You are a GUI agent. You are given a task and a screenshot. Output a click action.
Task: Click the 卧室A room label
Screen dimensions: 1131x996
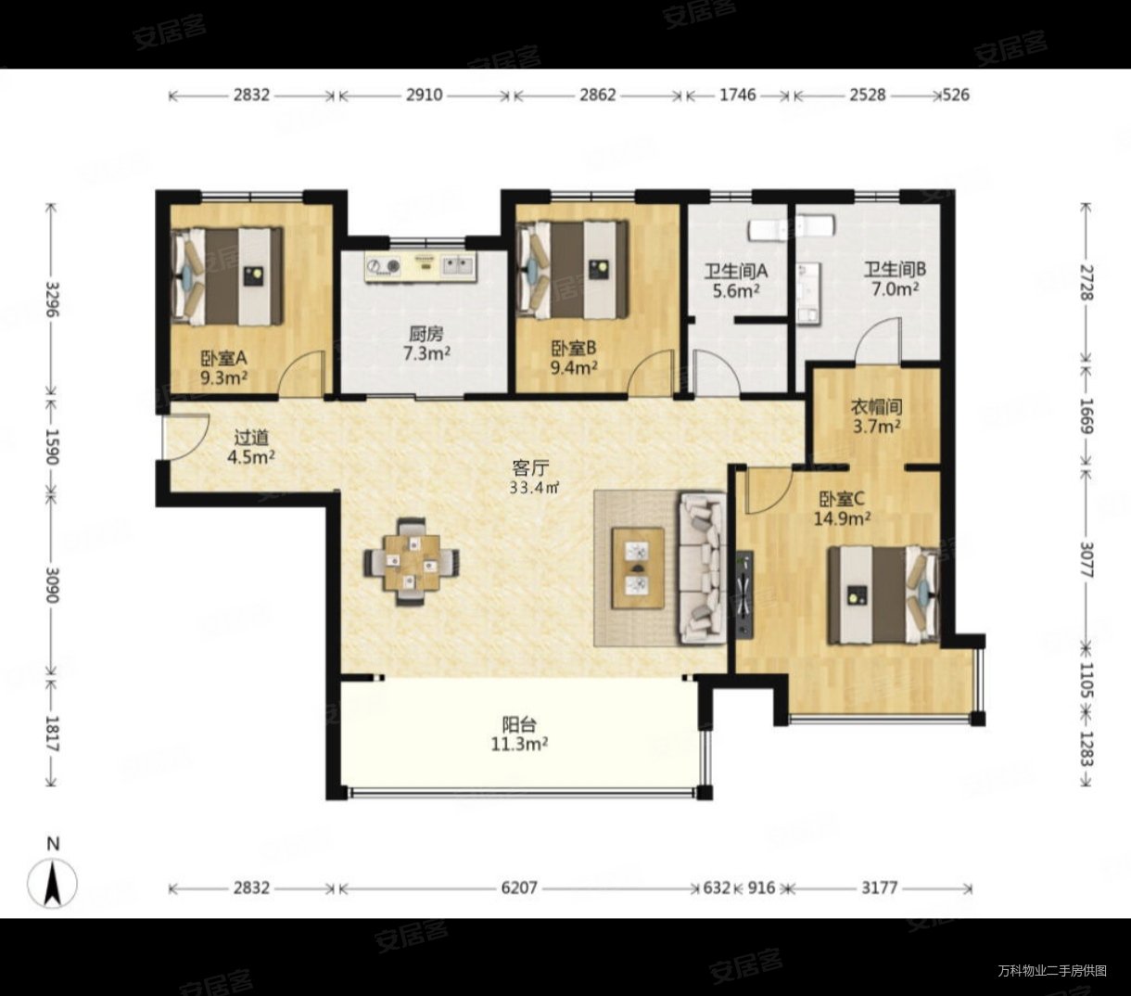(x=223, y=358)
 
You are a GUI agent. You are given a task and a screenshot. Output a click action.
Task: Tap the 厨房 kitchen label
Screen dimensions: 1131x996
(x=426, y=335)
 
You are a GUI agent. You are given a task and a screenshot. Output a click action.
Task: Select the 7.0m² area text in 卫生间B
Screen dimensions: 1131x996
(x=895, y=290)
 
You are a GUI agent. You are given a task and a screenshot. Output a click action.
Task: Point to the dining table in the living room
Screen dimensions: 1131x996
(x=412, y=562)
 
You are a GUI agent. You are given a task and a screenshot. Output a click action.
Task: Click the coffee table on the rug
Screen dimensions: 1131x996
(x=638, y=568)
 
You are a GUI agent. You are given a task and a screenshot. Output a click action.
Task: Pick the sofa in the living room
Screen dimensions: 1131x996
(x=702, y=568)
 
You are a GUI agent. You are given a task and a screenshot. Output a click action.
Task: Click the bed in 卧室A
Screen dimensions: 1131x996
(x=226, y=275)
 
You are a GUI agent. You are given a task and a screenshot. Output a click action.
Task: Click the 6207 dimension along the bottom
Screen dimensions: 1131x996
(x=518, y=887)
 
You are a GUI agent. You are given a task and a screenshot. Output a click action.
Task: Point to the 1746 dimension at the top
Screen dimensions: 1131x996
(x=737, y=95)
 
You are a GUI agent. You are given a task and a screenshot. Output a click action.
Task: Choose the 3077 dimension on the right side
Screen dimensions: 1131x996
(x=1086, y=559)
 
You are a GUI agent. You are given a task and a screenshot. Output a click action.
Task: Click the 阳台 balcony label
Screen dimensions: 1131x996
(x=518, y=725)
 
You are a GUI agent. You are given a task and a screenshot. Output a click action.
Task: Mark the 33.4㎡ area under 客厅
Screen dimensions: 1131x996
(x=534, y=488)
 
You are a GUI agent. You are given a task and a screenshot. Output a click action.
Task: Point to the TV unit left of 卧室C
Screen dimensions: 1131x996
(x=744, y=594)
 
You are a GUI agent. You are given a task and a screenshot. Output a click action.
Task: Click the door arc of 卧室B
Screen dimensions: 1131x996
(x=650, y=370)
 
